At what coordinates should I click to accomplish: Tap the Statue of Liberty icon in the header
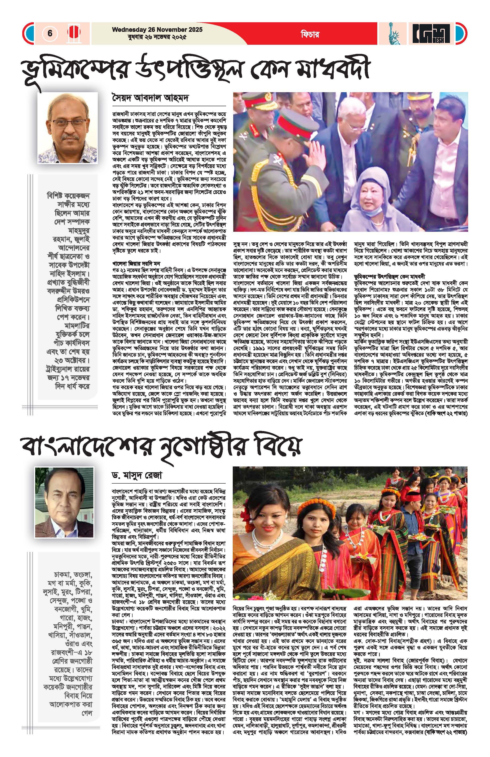[x=394, y=33]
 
